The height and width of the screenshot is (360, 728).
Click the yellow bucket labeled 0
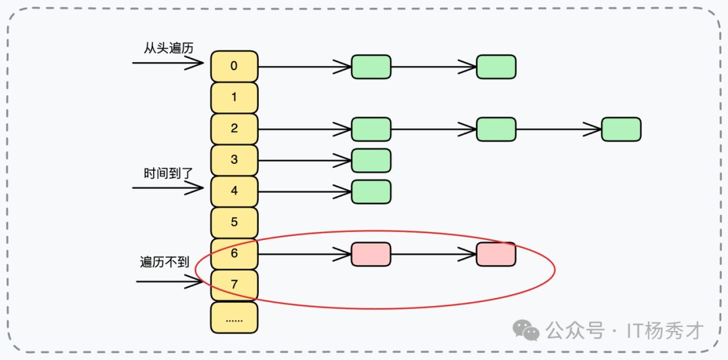pos(234,66)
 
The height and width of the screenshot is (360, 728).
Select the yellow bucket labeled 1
pos(234,97)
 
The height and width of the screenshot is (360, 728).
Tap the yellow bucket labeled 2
pos(234,129)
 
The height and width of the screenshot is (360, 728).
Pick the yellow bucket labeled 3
pos(234,160)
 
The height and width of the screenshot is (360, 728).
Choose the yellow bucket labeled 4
pos(234,191)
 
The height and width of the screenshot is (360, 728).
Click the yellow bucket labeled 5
pos(234,222)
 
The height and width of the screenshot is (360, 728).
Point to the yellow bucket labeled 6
pos(234,253)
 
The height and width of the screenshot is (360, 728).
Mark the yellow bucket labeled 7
pos(234,284)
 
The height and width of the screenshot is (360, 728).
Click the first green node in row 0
pos(371,67)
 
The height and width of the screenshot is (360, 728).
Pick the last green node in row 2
pos(621,129)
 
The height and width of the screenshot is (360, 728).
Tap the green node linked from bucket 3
pos(371,160)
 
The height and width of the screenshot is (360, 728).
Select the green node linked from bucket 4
pos(371,191)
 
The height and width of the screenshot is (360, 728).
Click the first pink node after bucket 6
pos(371,254)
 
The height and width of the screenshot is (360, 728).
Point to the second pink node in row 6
pos(495,254)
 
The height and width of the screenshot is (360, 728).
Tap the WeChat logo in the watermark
pos(526,330)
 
